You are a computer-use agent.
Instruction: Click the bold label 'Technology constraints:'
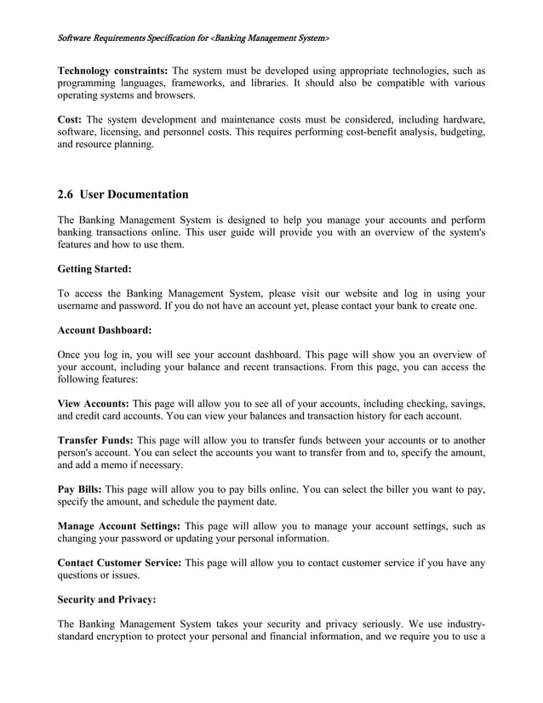point(111,70)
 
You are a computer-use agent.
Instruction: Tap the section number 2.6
point(66,195)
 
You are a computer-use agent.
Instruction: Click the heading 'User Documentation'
point(134,195)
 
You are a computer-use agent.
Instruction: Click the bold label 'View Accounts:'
point(93,403)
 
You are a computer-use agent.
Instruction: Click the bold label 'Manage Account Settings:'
point(118,526)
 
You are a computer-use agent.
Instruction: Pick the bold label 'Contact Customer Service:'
point(118,563)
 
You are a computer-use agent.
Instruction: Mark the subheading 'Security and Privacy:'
point(106,599)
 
